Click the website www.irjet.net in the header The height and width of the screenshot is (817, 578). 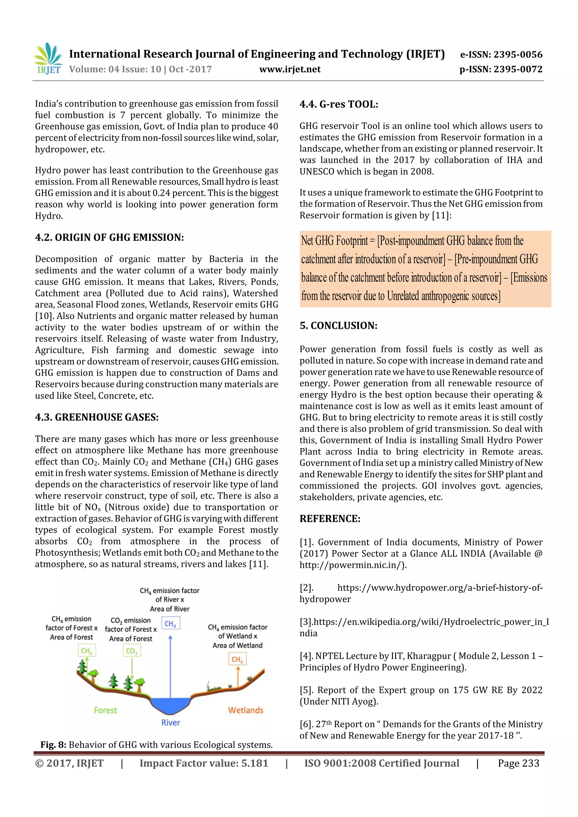pyautogui.click(x=290, y=69)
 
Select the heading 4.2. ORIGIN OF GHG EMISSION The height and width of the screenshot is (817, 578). pyautogui.click(x=109, y=237)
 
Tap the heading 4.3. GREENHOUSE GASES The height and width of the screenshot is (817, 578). pyautogui.click(x=97, y=417)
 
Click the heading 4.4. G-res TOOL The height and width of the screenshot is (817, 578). pyautogui.click(x=339, y=104)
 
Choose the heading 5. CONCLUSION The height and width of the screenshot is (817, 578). pyautogui.click(x=338, y=326)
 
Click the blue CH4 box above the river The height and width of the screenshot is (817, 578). pyautogui.click(x=170, y=624)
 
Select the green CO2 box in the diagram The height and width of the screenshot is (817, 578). pyautogui.click(x=132, y=651)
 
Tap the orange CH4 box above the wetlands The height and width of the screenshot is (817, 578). pyautogui.click(x=237, y=659)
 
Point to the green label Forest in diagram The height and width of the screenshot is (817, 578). pyautogui.click(x=106, y=710)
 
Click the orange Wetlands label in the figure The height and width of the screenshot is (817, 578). pyautogui.click(x=245, y=710)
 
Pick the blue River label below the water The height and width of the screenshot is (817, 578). pyautogui.click(x=170, y=723)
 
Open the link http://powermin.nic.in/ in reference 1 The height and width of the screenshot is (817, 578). pyautogui.click(x=353, y=565)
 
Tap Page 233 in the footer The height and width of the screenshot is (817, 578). pyautogui.click(x=518, y=763)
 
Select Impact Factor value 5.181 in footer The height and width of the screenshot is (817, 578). pyautogui.click(x=204, y=763)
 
